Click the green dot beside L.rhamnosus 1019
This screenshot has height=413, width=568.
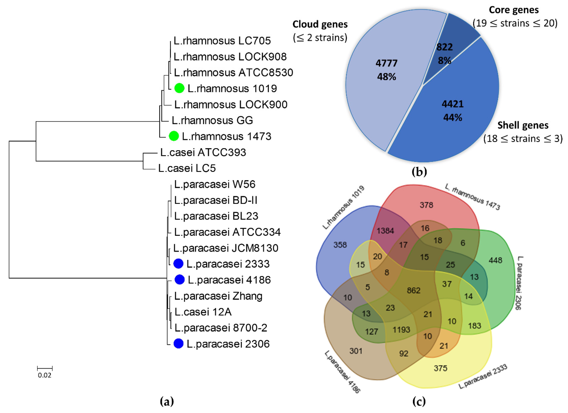[x=179, y=88]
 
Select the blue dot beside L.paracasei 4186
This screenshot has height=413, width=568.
[x=180, y=280]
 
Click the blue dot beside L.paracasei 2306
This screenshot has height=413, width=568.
[x=179, y=344]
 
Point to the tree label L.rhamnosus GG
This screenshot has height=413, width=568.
[x=212, y=120]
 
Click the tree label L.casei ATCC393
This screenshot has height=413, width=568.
[x=203, y=152]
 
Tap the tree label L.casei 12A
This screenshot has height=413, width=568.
[x=203, y=312]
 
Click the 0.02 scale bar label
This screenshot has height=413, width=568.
[x=45, y=375]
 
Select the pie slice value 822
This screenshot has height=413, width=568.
[x=445, y=47]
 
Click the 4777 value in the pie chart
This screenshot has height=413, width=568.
[x=387, y=63]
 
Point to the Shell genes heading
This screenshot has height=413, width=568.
[x=523, y=125]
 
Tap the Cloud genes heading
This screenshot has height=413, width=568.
[x=320, y=24]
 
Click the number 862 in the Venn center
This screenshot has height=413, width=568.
[x=413, y=290]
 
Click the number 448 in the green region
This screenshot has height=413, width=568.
[x=495, y=260]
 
